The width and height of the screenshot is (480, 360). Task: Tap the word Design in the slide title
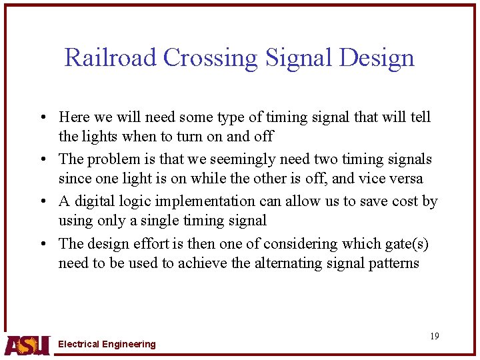click(376, 58)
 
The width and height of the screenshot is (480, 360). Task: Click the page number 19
click(434, 336)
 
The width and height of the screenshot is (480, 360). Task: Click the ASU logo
click(27, 345)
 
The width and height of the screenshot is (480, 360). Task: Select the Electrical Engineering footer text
click(107, 344)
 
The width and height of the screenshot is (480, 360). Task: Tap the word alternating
click(287, 263)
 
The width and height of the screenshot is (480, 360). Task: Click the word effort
click(144, 244)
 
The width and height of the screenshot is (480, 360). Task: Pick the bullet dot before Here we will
click(42, 118)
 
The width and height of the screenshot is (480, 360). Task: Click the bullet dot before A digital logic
click(42, 202)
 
